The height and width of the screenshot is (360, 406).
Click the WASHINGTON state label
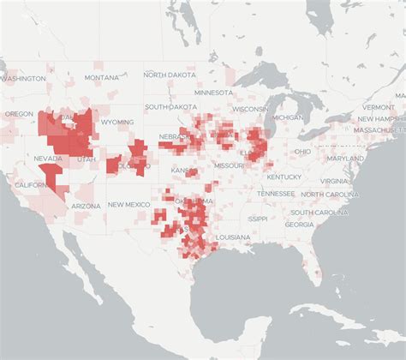click(x=23, y=78)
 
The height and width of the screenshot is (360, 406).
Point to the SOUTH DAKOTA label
click(x=170, y=107)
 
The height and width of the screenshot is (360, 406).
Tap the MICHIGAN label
click(x=289, y=117)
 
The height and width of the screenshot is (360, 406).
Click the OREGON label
click(x=19, y=113)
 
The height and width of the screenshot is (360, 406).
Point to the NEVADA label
click(x=48, y=159)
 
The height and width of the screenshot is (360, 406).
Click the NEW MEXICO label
click(x=128, y=206)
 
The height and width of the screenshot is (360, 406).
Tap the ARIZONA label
click(x=86, y=206)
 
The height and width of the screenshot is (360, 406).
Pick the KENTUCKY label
click(x=284, y=177)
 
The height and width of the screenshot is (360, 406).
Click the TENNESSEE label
click(x=275, y=194)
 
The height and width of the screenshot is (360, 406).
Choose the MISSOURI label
click(x=229, y=165)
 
